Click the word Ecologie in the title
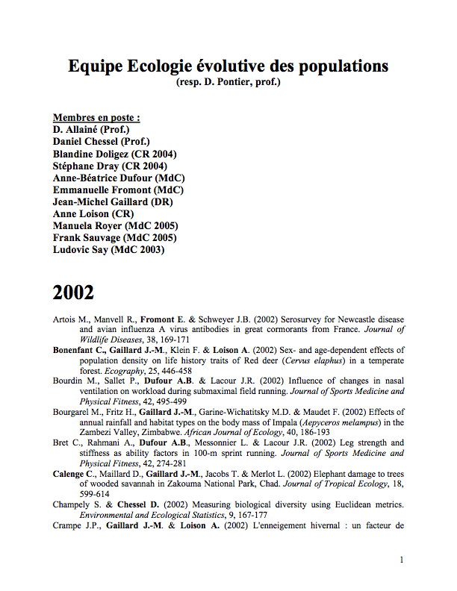coord(152,66)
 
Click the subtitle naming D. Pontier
coord(228,81)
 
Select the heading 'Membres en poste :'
coord(96,118)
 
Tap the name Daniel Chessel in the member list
coord(101,142)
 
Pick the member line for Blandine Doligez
coord(115,154)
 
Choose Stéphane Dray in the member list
coord(110,166)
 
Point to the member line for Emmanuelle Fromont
coord(118,190)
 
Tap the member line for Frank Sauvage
coord(114,237)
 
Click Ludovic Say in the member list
coord(108,249)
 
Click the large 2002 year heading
coord(73,293)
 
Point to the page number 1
coord(402,560)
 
